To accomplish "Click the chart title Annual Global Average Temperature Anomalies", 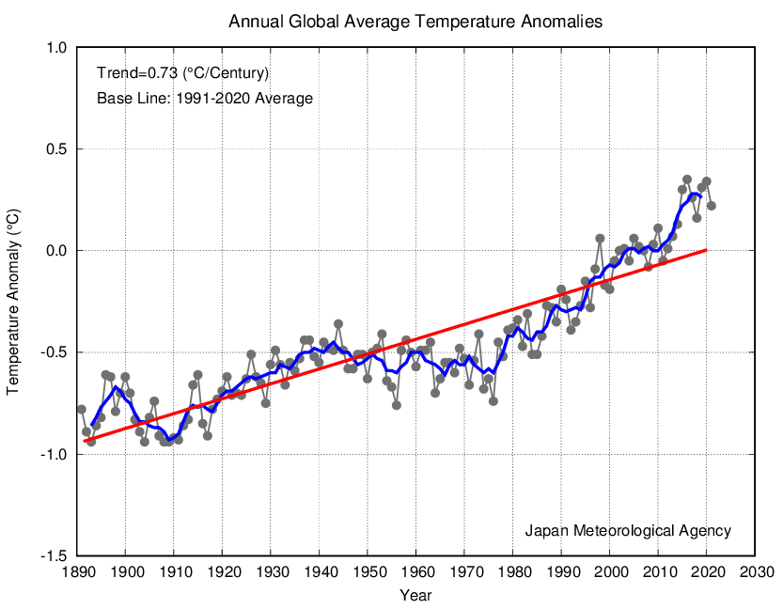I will (x=415, y=21).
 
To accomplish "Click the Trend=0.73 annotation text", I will (x=183, y=72).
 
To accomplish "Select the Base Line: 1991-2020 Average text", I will (x=205, y=98).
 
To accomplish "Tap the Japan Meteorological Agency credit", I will (x=627, y=531).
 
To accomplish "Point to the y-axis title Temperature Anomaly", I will (x=14, y=301).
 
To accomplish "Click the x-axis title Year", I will (x=415, y=595).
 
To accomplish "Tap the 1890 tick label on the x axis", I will (x=77, y=571).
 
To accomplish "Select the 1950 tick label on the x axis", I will (x=368, y=571).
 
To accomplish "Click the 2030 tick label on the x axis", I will (x=755, y=571).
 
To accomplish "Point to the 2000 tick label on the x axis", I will (x=610, y=571).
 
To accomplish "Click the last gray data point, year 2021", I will (x=712, y=205).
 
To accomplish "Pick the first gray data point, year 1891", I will (x=82, y=409).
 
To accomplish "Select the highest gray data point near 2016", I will (x=687, y=180).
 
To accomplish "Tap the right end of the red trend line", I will (x=706, y=249).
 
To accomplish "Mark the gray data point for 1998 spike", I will (x=600, y=239).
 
